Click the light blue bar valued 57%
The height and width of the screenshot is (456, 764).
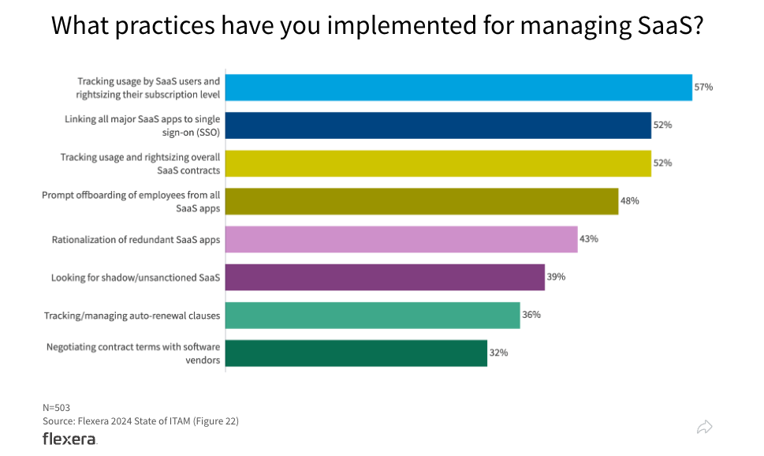click(459, 88)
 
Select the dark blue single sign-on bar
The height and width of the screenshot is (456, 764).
click(438, 125)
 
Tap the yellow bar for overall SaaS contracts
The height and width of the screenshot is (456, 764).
click(438, 163)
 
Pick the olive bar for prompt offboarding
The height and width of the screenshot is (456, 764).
click(422, 201)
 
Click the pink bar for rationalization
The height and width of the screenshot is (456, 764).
click(401, 239)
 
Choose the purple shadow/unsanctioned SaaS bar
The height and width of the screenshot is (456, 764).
click(385, 277)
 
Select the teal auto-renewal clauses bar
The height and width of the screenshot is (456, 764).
click(372, 315)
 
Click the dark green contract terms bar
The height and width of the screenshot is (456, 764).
click(356, 353)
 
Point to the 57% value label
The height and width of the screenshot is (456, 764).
click(703, 88)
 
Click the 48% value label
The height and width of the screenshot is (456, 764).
click(629, 201)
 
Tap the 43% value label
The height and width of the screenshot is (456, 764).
click(589, 239)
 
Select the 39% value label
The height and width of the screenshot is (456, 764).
click(556, 277)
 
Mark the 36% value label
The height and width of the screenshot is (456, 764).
click(531, 315)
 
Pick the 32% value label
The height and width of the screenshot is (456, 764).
click(498, 353)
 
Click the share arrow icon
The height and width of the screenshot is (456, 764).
click(705, 427)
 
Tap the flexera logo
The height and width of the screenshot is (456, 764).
click(69, 439)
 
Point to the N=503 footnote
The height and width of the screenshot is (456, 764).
click(56, 408)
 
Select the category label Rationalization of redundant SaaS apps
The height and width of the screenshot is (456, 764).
click(136, 240)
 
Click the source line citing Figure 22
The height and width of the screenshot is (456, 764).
click(140, 421)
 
